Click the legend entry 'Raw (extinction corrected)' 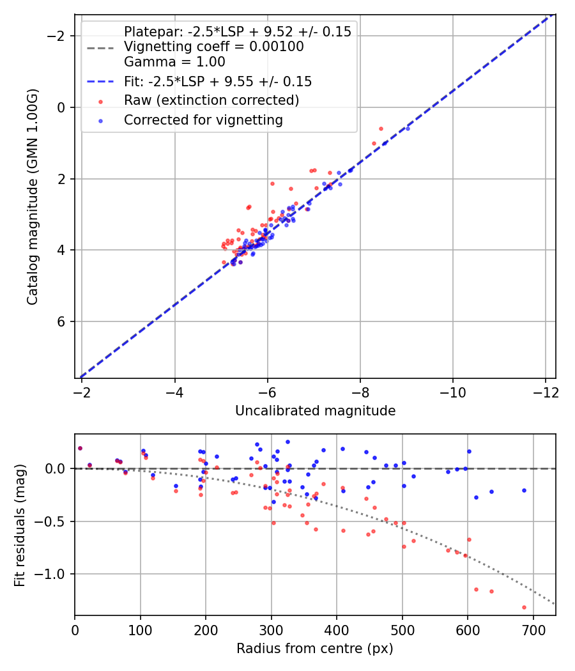pyautogui.click(x=211, y=100)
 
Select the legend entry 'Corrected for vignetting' pyautogui.click(x=203, y=120)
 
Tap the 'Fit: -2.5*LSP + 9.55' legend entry pyautogui.click(x=217, y=81)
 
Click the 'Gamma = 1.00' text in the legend pyautogui.click(x=174, y=62)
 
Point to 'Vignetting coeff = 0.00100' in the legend pyautogui.click(x=213, y=47)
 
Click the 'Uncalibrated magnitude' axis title pyautogui.click(x=315, y=411)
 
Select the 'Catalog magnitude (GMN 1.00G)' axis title pyautogui.click(x=33, y=197)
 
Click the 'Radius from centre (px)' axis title pyautogui.click(x=314, y=649)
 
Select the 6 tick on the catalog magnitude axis pyautogui.click(x=61, y=321)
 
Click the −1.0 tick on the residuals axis pyautogui.click(x=52, y=574)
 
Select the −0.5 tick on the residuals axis pyautogui.click(x=52, y=521)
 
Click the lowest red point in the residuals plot pyautogui.click(x=524, y=607)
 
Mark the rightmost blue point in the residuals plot pyautogui.click(x=524, y=490)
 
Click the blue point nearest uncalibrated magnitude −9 pyautogui.click(x=408, y=128)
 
